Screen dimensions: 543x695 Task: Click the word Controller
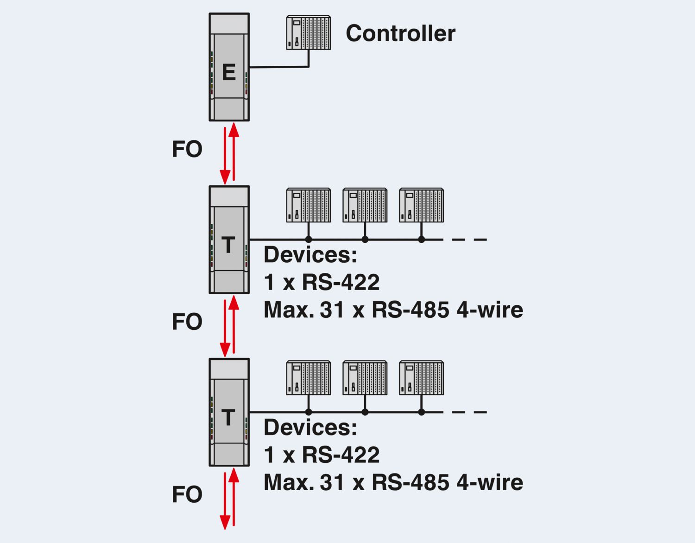tap(400, 33)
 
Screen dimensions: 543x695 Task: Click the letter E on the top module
tap(228, 72)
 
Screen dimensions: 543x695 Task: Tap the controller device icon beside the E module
tap(308, 32)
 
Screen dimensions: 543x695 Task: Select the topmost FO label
tap(187, 149)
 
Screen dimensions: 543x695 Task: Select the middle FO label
tap(187, 322)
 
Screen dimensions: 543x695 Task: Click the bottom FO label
tap(187, 494)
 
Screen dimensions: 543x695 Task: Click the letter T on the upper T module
tap(228, 245)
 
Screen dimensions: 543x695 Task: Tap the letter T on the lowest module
tap(228, 417)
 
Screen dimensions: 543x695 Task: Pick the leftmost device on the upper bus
tap(308, 205)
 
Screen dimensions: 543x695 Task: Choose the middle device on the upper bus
tap(365, 205)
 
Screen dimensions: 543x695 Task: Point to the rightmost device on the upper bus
tap(421, 205)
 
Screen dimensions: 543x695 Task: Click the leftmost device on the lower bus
tap(308, 378)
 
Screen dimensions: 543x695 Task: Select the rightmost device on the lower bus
tap(421, 378)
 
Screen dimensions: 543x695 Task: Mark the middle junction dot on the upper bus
tap(365, 240)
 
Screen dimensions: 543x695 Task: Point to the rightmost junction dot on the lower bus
tap(421, 412)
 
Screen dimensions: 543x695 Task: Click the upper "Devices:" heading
tap(310, 255)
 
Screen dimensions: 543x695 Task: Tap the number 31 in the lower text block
tap(332, 482)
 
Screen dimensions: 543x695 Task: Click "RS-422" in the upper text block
tap(341, 282)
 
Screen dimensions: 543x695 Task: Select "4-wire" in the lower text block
tap(490, 482)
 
